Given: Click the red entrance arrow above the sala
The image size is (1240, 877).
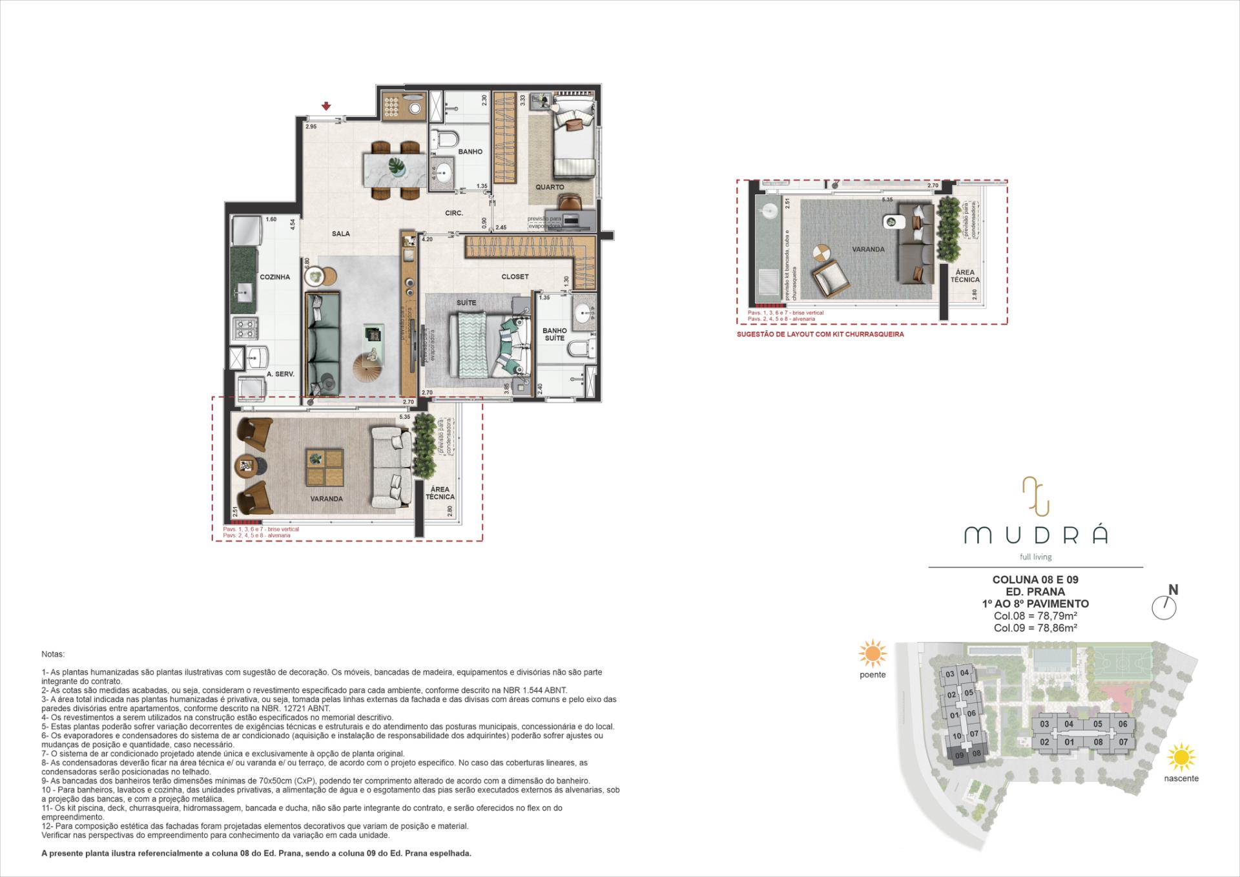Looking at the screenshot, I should point(327,106).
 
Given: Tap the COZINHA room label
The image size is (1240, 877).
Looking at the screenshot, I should point(274,277).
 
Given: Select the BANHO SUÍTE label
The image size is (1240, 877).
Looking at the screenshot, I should point(554,334).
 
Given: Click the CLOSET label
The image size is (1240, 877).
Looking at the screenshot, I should point(515,276).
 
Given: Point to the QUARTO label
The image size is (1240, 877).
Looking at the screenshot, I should point(550,187).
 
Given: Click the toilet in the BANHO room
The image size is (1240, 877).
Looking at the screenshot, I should point(444,140).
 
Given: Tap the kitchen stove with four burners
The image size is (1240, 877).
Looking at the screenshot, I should point(245,329).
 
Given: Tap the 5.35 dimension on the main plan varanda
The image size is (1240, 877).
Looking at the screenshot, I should point(405,417).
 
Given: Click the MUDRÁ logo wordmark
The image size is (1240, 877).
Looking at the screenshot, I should point(1035,535).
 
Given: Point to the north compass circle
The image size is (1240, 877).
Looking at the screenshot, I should point(1164,608).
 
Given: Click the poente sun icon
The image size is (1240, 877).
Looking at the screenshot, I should point(872,654).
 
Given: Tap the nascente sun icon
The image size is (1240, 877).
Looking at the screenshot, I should point(1182,758).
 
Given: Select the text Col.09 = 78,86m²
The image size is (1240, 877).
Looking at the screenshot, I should point(1035,628).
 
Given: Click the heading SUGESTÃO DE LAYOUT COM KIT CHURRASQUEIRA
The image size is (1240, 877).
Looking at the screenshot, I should point(820,335).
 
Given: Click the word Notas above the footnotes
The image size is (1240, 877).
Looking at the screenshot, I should point(53,654).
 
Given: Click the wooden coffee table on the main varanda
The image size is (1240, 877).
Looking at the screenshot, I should point(324,467).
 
